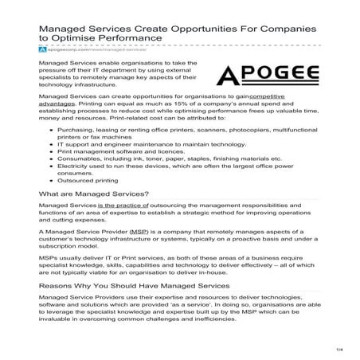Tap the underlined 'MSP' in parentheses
[142, 231]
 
